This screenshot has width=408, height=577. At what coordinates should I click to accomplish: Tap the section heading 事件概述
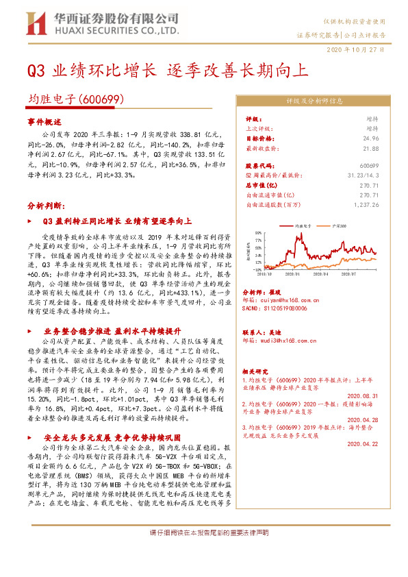44,121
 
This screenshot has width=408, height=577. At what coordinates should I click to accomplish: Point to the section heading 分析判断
44,205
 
